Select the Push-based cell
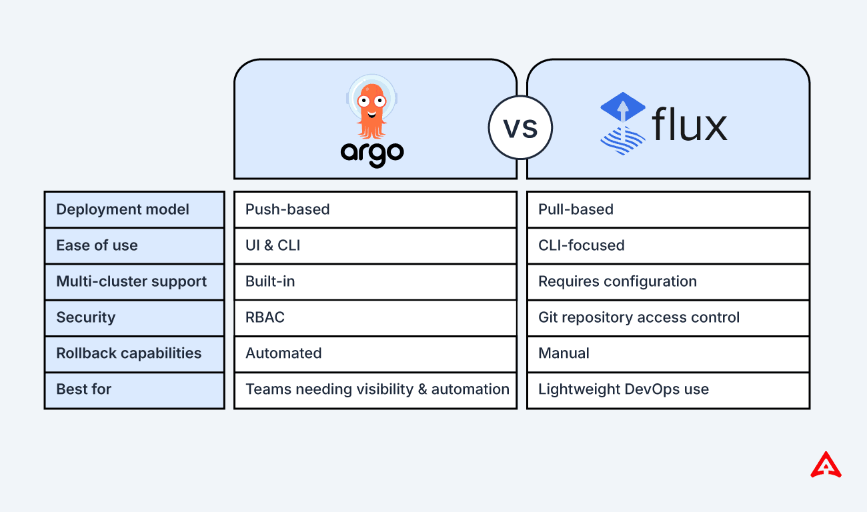point(375,209)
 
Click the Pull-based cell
point(668,209)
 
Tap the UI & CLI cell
point(375,245)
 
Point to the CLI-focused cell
point(668,245)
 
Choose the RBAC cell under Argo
point(375,317)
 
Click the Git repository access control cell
point(668,317)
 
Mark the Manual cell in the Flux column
point(668,353)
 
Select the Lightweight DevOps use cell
point(668,389)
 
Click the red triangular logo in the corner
point(826,465)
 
